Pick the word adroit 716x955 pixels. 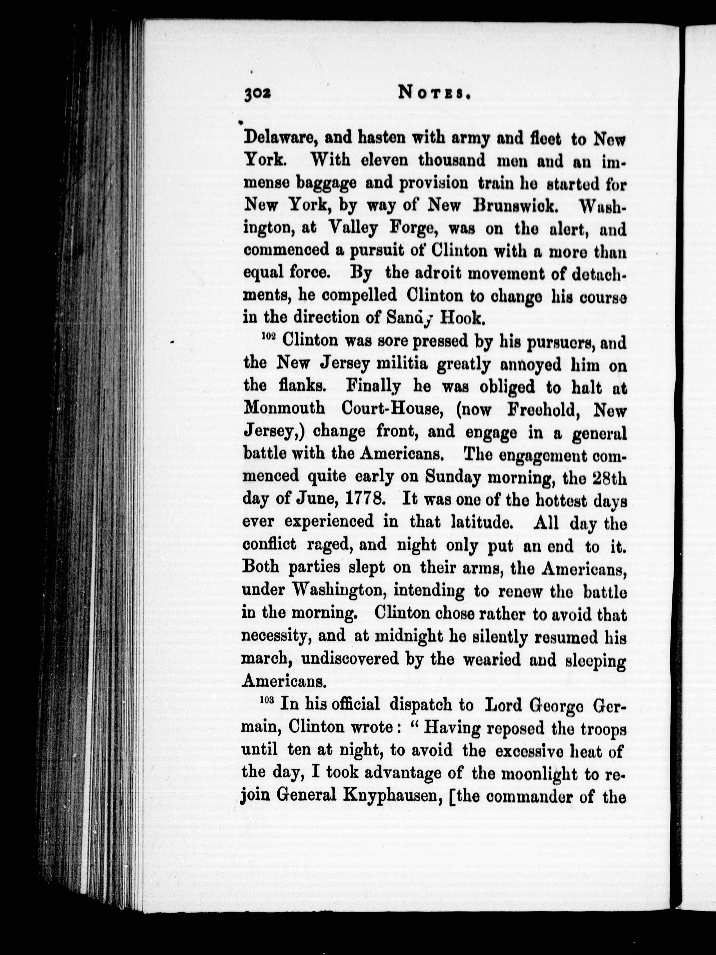[x=434, y=273]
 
